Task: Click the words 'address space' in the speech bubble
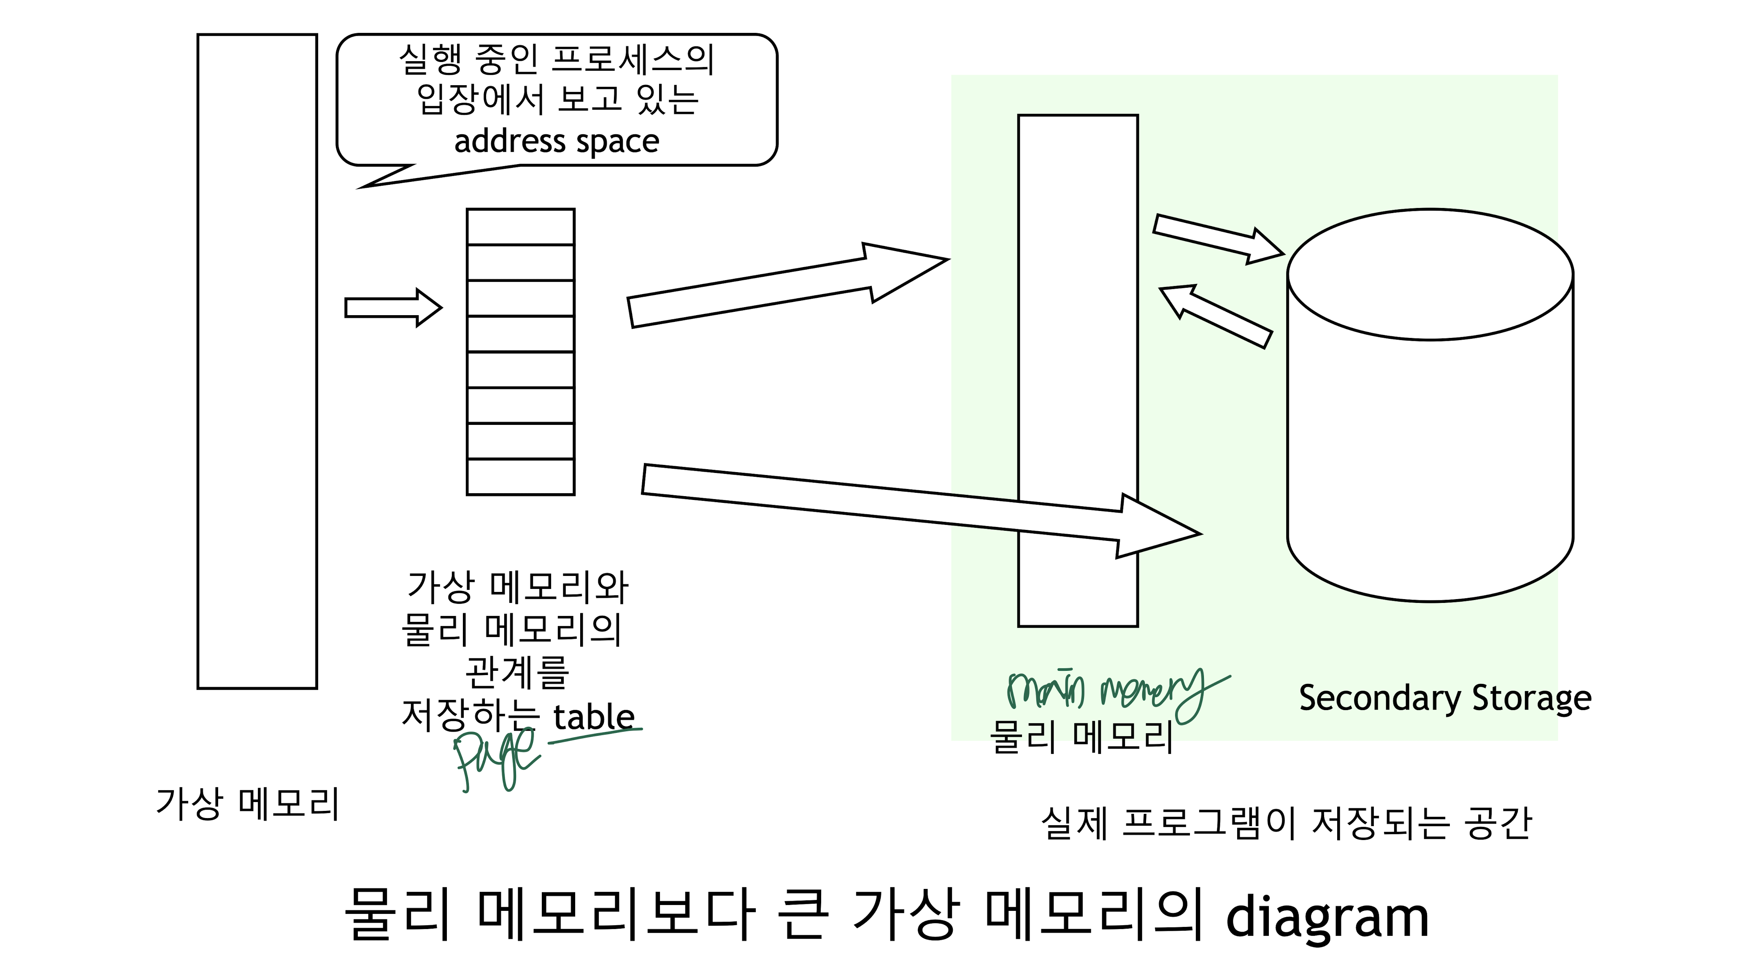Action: (556, 142)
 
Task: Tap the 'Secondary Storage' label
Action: (1444, 698)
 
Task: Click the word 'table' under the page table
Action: (593, 717)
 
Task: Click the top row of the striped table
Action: (520, 227)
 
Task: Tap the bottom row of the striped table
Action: (520, 477)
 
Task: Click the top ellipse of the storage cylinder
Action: (1430, 274)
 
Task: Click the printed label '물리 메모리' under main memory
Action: (1081, 737)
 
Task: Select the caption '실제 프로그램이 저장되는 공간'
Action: (1286, 824)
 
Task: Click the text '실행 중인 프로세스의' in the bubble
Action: (556, 59)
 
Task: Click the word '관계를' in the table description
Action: (517, 673)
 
